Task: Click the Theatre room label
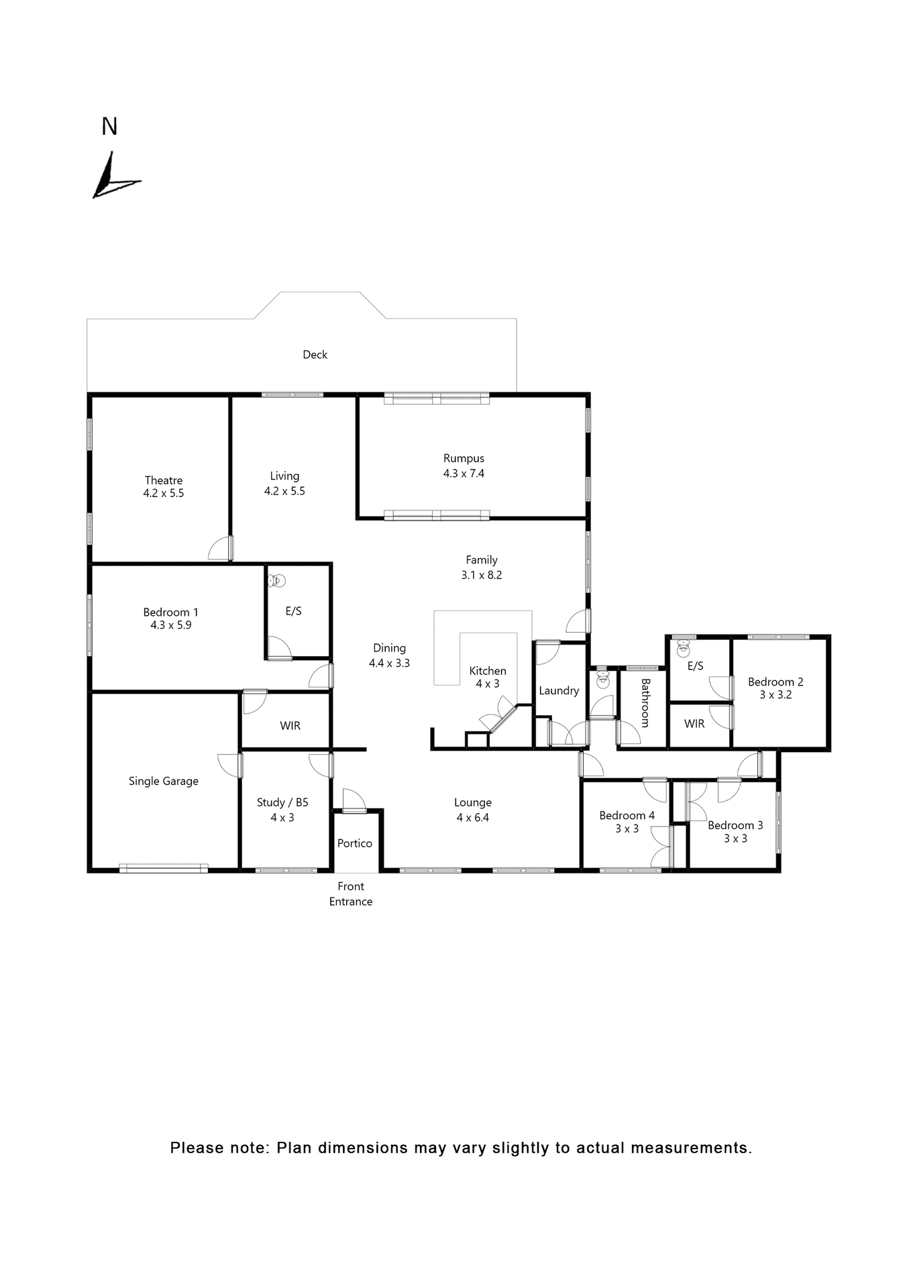click(164, 480)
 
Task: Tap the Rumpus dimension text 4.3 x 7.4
click(464, 474)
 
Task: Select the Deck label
click(315, 355)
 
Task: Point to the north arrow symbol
click(113, 177)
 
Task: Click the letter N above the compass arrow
click(109, 127)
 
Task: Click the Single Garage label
click(164, 781)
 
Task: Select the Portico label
click(354, 843)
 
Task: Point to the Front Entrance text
click(351, 894)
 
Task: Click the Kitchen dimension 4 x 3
click(488, 684)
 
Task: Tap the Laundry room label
click(559, 690)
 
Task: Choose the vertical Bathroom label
click(645, 703)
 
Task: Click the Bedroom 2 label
click(775, 682)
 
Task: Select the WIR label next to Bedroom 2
click(694, 724)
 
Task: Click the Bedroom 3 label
click(735, 825)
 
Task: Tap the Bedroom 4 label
click(627, 815)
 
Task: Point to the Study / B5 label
click(282, 802)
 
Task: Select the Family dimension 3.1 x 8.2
click(482, 575)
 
